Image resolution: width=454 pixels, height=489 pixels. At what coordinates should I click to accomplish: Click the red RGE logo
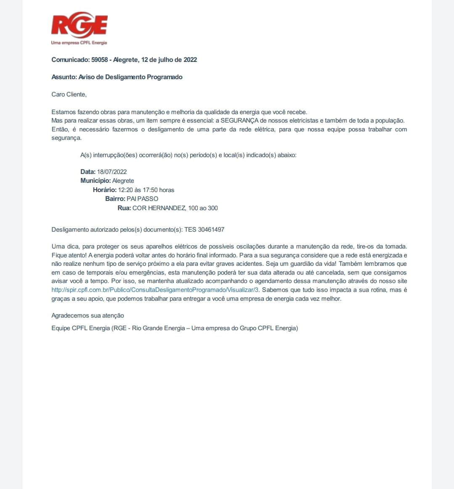(80, 25)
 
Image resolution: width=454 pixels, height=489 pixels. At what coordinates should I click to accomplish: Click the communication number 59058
(99, 60)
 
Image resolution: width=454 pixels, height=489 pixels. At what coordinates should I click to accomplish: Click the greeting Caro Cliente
(69, 94)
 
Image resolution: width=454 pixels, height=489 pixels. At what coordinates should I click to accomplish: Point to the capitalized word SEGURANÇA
(239, 121)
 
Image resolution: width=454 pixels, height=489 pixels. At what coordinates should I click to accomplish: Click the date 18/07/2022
(112, 172)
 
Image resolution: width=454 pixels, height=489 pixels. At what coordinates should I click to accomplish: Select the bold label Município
(96, 181)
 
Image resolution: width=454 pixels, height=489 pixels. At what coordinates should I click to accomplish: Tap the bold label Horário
(105, 190)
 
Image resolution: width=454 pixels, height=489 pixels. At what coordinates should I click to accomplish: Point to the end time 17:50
(150, 190)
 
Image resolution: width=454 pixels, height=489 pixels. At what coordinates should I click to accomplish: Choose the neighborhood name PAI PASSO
(143, 199)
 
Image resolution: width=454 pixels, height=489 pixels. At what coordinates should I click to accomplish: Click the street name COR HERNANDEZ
(159, 208)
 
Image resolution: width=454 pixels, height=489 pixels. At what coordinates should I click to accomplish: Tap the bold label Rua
(124, 208)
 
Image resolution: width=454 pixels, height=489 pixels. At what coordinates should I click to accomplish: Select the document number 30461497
(211, 230)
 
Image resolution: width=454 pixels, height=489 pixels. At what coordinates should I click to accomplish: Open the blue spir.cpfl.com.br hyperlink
(155, 290)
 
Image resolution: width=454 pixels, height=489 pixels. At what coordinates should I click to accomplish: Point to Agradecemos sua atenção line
(88, 315)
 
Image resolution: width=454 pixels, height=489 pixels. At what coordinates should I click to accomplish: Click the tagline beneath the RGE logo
(79, 43)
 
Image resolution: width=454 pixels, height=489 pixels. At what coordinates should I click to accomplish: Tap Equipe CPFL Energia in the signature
(81, 328)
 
